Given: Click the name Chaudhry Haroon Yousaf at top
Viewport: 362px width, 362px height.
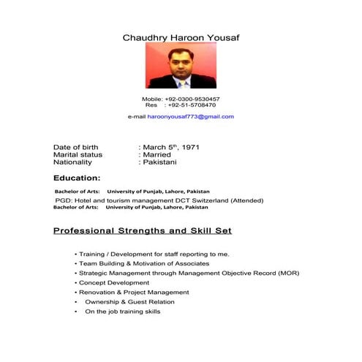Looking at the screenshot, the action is [x=181, y=37].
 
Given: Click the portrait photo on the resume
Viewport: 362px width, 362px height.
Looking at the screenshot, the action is [x=181, y=66].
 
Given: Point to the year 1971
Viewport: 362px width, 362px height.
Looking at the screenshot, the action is [x=190, y=147].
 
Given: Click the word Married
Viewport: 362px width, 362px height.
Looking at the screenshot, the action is [x=157, y=154].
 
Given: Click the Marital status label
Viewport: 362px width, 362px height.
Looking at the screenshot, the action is [x=78, y=154].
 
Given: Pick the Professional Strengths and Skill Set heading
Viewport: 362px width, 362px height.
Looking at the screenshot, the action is [x=143, y=230].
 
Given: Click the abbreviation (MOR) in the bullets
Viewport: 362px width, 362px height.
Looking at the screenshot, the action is [x=285, y=273].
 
